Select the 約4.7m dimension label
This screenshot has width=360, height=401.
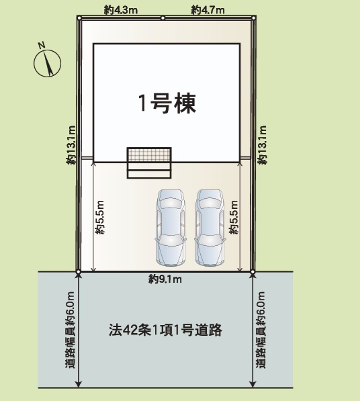click(208, 10)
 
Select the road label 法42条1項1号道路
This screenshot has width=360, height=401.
click(165, 330)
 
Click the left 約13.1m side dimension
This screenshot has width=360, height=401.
click(71, 144)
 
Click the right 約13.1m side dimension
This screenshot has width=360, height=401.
click(263, 144)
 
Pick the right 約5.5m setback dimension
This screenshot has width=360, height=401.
click(233, 218)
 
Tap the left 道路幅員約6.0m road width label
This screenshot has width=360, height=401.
click(70, 329)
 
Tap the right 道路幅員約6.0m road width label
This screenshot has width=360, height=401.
click(261, 329)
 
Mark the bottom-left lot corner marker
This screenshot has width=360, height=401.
click(79, 272)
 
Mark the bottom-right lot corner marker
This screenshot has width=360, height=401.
click(253, 272)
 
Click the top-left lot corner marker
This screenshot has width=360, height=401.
click(79, 18)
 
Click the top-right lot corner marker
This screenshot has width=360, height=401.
click(253, 18)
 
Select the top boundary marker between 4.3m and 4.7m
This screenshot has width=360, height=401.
click(162, 18)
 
